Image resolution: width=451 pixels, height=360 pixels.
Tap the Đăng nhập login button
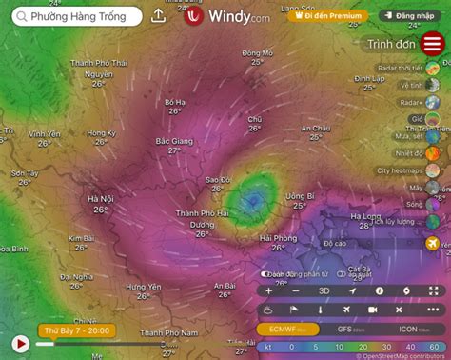412,16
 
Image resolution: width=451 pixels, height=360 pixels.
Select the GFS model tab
345,329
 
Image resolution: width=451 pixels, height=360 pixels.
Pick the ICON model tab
407,329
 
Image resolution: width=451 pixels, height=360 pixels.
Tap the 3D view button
324,290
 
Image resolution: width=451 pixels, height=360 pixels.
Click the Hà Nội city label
101,199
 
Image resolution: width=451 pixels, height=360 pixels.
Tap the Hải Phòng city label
278,238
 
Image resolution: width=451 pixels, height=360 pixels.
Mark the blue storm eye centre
253,199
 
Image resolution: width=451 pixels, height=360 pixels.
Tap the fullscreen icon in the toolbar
434,290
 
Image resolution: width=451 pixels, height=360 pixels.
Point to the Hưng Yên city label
143,287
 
